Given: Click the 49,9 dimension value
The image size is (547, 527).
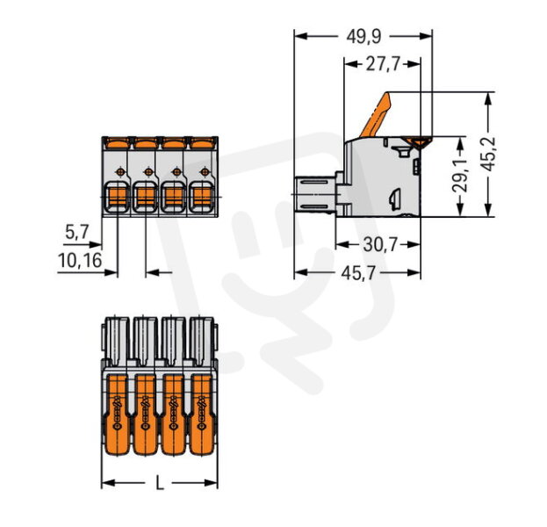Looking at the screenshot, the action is tap(363, 36).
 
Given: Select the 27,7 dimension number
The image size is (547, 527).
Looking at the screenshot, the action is tap(382, 64).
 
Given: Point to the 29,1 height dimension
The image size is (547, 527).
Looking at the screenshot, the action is tap(460, 177).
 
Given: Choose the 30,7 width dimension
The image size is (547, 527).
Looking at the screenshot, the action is tap(380, 245).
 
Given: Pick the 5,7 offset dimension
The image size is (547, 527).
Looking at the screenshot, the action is tap(77, 232).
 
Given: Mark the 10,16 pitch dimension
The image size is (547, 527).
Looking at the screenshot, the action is tap(80, 260).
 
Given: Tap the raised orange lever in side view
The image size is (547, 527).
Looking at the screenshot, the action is tap(376, 114).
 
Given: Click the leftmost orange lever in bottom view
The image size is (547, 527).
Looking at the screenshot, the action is tap(117, 415).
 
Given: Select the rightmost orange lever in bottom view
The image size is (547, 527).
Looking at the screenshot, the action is tap(202, 415).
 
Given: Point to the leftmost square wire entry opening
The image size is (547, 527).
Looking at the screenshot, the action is tap(118, 197).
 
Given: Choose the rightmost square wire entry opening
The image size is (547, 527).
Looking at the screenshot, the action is tap(201, 197).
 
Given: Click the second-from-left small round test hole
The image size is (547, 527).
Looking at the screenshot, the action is tap(148, 171).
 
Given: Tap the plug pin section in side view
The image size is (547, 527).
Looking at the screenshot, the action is tap(315, 194).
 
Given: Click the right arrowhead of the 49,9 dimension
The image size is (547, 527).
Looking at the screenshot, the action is tap(426, 36).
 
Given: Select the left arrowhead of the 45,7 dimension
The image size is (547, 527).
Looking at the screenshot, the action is tap(301, 272).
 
